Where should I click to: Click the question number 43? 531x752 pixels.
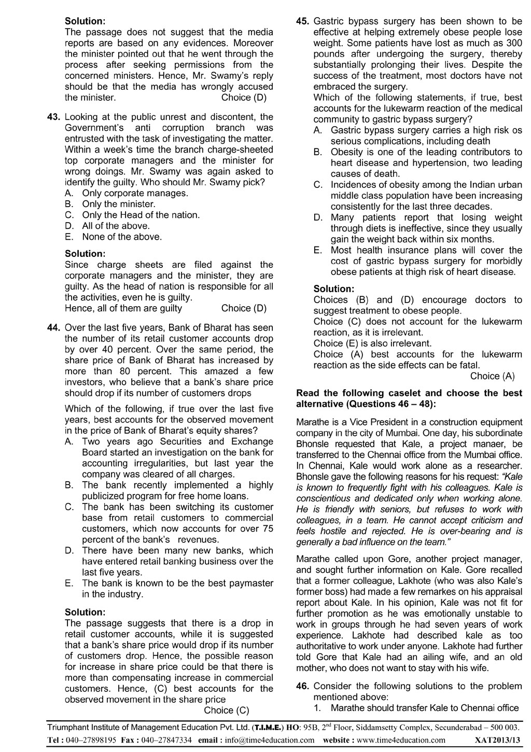54,117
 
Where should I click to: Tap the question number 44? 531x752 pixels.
54,327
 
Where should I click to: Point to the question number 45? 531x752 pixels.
303,21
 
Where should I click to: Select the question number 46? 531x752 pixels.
303,686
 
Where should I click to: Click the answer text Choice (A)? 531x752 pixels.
492,376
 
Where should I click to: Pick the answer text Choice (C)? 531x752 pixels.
227,710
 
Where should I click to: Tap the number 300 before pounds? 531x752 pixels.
514,43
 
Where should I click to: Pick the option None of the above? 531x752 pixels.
122,237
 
